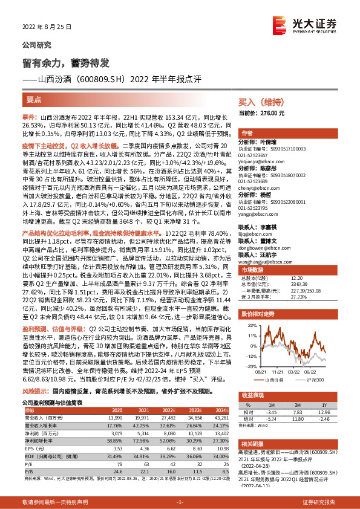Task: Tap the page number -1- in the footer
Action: (180, 502)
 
